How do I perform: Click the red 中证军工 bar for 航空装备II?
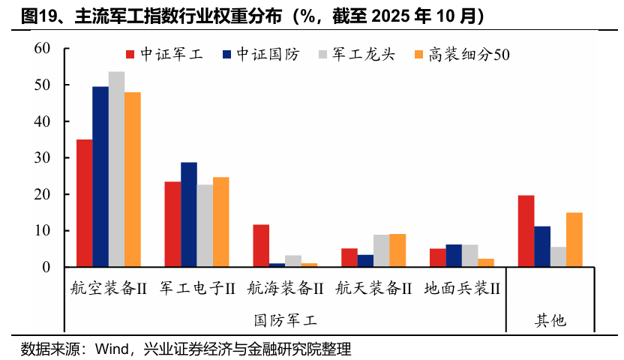84,203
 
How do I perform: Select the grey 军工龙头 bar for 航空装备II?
116,169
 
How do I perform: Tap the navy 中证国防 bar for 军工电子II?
189,214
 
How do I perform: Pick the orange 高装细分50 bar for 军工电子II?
220,222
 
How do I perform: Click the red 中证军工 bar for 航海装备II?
261,246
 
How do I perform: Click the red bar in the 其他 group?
526,231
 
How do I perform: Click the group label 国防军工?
285,320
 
